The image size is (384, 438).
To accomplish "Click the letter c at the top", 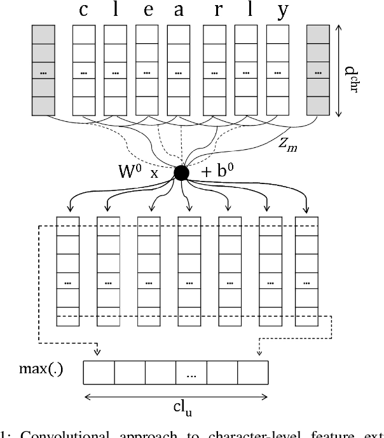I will [x=83, y=10].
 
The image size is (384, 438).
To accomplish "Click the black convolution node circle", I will [x=182, y=172].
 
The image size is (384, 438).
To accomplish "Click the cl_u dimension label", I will [x=175, y=411].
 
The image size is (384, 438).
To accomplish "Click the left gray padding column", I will [x=43, y=71].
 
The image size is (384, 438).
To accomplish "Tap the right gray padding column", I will [x=318, y=71].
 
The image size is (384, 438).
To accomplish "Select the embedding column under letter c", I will [x=84, y=71].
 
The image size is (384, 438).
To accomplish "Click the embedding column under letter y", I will [x=278, y=71].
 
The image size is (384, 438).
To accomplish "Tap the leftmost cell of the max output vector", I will [x=99, y=373].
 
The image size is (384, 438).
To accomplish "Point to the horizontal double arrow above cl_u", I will [x=176, y=397].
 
